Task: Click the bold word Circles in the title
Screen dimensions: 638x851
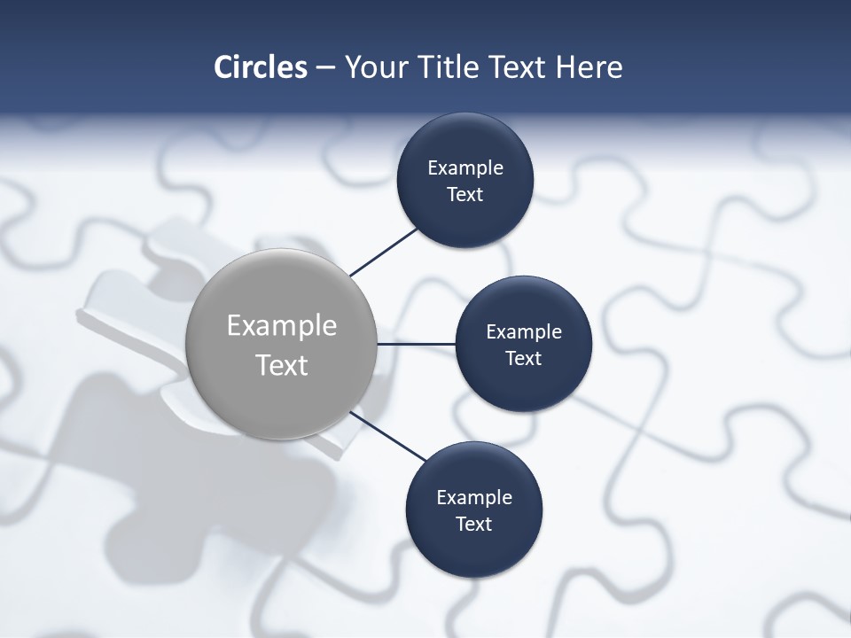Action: click(x=261, y=67)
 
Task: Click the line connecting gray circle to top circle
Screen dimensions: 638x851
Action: click(x=383, y=251)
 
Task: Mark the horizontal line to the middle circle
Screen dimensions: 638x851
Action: click(x=417, y=344)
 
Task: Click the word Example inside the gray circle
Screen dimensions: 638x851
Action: click(x=282, y=326)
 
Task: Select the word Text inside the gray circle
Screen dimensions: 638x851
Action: click(x=282, y=365)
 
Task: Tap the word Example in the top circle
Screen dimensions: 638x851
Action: click(x=465, y=167)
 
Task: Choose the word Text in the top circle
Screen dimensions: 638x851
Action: click(x=465, y=194)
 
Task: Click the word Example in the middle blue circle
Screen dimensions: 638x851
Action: click(x=524, y=331)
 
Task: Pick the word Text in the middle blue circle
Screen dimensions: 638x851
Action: click(x=524, y=358)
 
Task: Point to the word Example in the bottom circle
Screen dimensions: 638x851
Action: click(x=474, y=497)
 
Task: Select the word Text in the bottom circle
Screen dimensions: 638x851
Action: click(x=474, y=524)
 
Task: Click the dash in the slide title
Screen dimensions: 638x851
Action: click(x=325, y=67)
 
